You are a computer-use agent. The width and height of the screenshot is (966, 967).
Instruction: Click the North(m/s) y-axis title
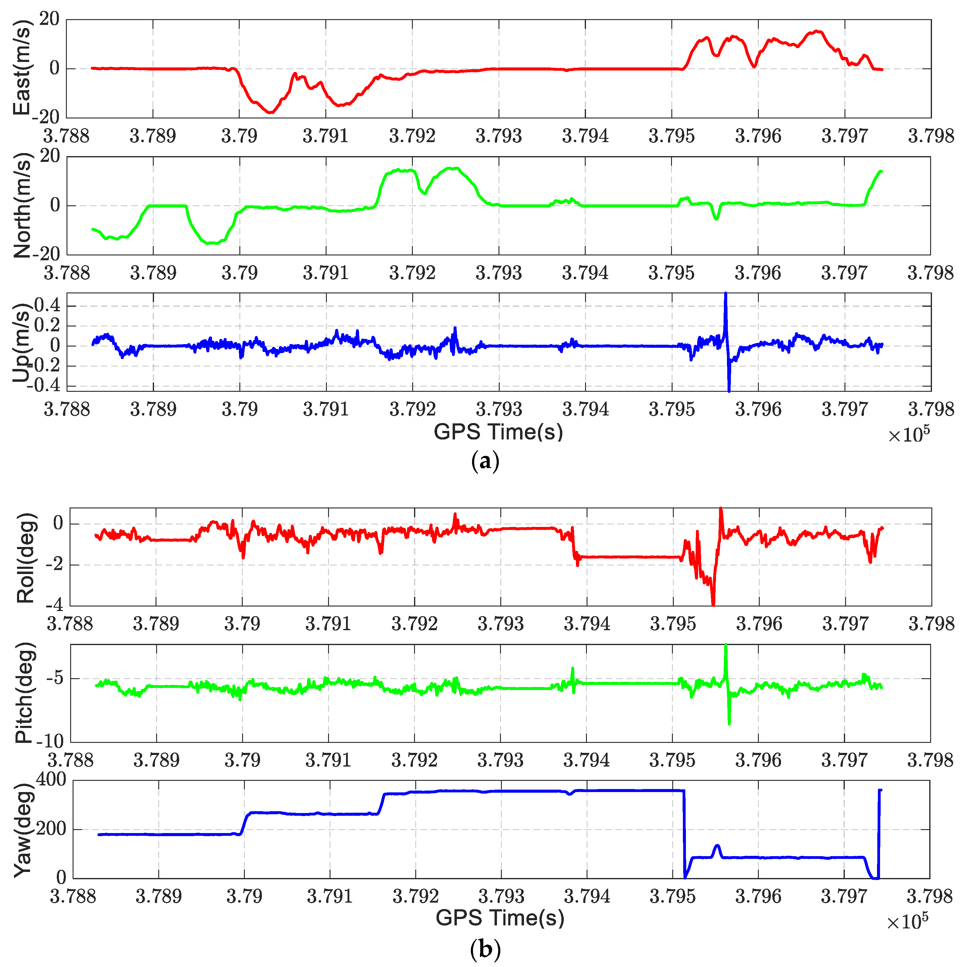(x=22, y=205)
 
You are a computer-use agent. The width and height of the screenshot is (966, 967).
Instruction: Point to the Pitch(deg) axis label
(x=24, y=693)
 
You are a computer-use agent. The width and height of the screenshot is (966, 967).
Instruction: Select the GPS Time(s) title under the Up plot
(x=498, y=432)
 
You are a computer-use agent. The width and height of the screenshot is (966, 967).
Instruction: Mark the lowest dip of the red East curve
(x=270, y=112)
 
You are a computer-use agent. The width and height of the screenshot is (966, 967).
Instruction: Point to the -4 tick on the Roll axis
(x=55, y=605)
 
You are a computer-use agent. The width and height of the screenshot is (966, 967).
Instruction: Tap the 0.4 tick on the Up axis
(x=47, y=305)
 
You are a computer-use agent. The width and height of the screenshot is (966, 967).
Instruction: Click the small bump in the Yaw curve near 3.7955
(x=717, y=846)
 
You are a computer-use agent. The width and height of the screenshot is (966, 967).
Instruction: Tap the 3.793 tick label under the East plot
(x=498, y=136)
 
